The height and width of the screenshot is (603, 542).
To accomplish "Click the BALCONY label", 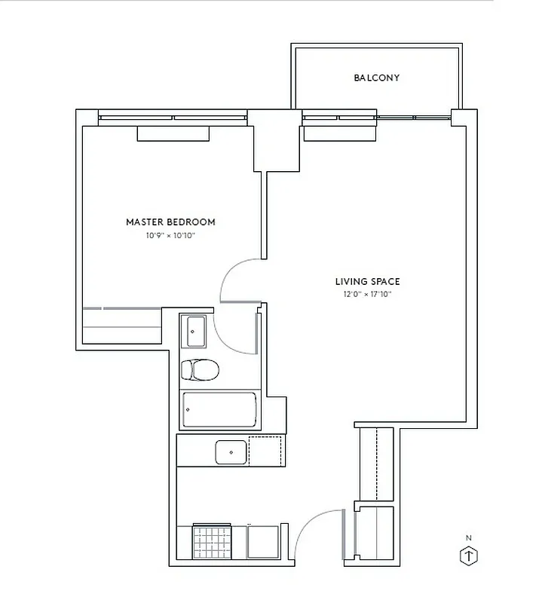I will point(376,78).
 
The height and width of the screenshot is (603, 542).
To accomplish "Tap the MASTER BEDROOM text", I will point(170,222).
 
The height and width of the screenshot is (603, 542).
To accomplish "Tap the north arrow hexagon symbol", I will point(469,556).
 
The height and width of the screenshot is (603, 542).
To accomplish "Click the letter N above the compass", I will point(469,537).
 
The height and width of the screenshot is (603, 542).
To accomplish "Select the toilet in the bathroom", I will point(199,369).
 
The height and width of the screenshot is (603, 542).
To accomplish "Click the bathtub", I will point(219,410).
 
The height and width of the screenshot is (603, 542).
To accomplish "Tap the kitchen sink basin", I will point(231,452).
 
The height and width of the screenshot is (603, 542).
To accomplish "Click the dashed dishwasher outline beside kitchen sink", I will point(267,451).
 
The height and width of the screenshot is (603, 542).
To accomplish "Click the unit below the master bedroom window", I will point(173,133).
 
